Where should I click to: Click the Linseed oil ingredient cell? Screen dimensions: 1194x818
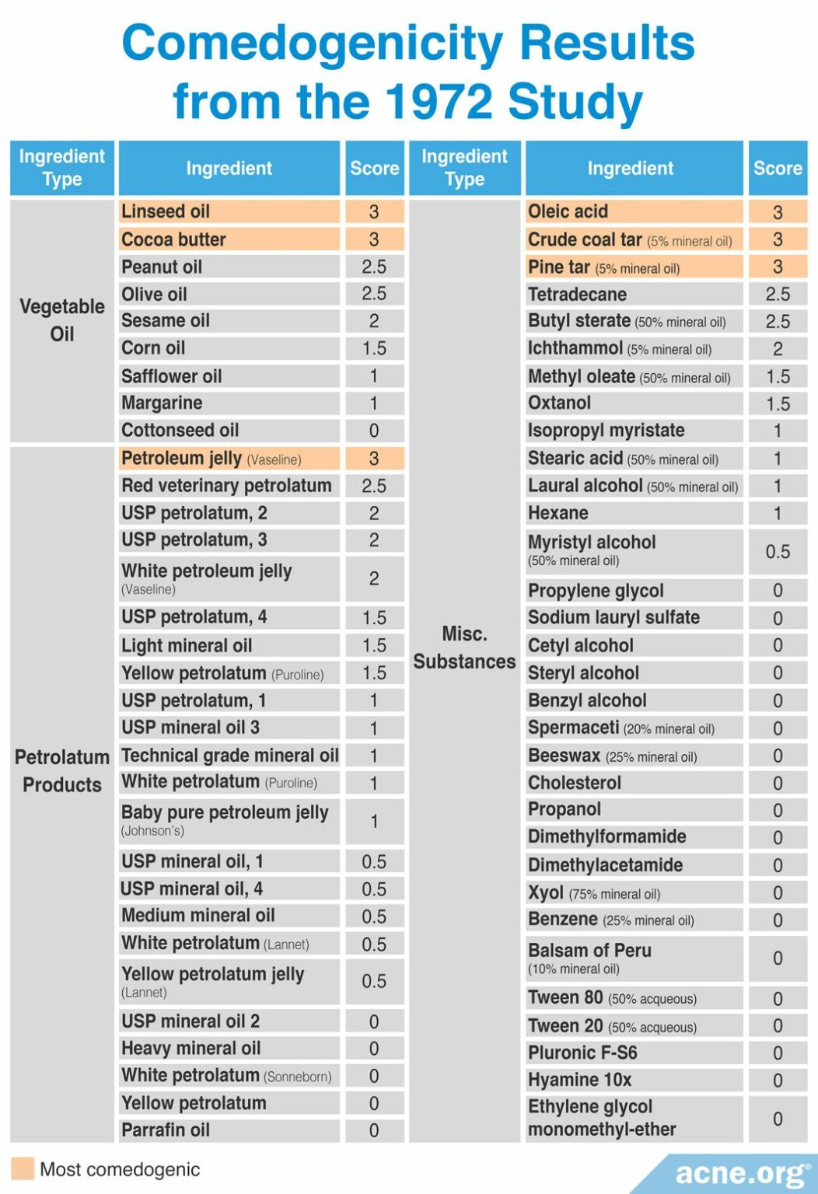point(229,211)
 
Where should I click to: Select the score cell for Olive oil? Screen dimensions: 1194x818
point(374,294)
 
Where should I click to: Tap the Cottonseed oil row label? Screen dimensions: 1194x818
point(229,431)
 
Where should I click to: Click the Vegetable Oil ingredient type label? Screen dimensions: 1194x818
point(62,320)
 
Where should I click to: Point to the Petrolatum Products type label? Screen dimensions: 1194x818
point(62,770)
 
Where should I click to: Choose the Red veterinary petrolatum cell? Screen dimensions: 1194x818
point(229,486)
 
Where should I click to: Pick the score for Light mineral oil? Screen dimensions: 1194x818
point(374,645)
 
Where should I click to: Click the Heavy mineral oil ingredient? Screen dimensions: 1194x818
point(229,1049)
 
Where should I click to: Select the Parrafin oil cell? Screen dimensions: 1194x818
point(229,1130)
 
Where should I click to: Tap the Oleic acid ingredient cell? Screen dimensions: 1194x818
point(634,211)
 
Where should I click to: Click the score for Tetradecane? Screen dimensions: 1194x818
point(778,294)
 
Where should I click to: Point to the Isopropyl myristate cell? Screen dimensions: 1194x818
point(634,431)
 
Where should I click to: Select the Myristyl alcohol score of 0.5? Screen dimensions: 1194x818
point(778,552)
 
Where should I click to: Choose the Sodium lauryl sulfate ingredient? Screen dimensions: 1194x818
point(634,618)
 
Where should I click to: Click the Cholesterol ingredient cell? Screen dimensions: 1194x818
point(634,783)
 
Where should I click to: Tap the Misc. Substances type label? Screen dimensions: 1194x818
point(464,648)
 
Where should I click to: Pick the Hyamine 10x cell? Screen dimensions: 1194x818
point(634,1080)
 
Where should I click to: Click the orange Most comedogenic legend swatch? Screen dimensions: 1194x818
point(23,1169)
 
